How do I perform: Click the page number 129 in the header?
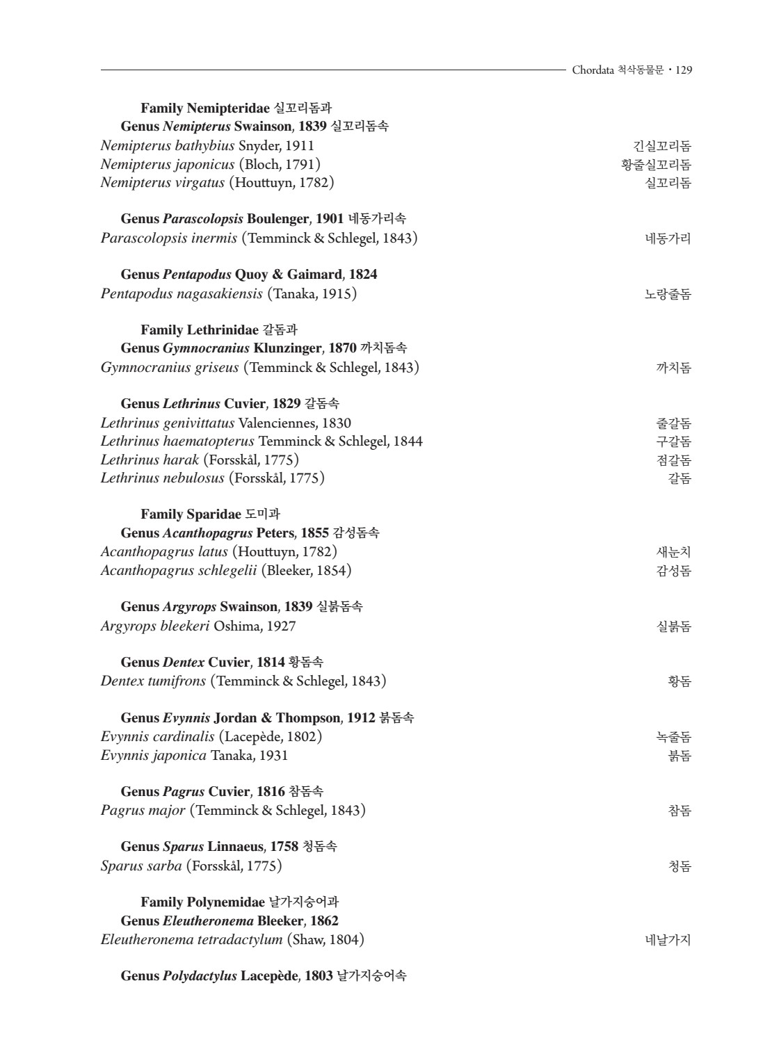pyautogui.click(x=683, y=70)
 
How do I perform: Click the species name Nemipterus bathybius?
pyautogui.click(x=167, y=146)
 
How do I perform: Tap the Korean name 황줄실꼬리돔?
pyautogui.click(x=656, y=165)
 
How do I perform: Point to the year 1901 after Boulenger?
pyautogui.click(x=330, y=219)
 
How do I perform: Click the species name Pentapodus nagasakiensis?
pyautogui.click(x=182, y=294)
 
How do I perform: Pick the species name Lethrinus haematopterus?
pyautogui.click(x=177, y=441)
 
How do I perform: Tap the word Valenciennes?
pyautogui.click(x=277, y=423)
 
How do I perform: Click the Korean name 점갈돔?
pyautogui.click(x=673, y=460)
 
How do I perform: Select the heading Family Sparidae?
pyautogui.click(x=191, y=515)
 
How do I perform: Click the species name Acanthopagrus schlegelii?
pyautogui.click(x=179, y=571)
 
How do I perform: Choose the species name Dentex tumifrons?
pyautogui.click(x=153, y=681)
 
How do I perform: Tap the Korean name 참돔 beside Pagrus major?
pyautogui.click(x=679, y=811)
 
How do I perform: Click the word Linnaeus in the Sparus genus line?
pyautogui.click(x=236, y=847)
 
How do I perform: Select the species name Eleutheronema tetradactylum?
pyautogui.click(x=191, y=941)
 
